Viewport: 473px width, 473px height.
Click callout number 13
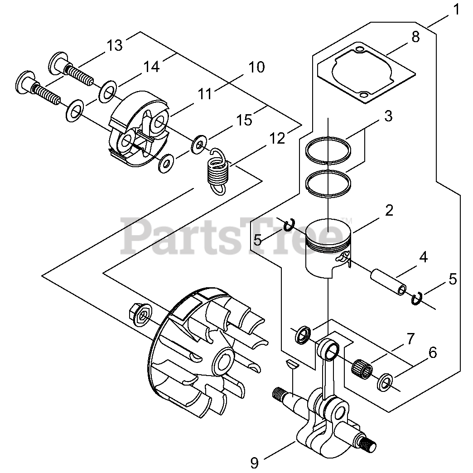(x=115, y=45)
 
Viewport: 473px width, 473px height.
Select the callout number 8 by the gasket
(x=415, y=37)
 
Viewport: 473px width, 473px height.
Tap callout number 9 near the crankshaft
(x=254, y=463)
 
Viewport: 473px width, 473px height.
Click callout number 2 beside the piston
(x=389, y=211)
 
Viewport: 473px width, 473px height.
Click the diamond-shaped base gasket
(x=366, y=74)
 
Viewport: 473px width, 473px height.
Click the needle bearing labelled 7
(x=362, y=365)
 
